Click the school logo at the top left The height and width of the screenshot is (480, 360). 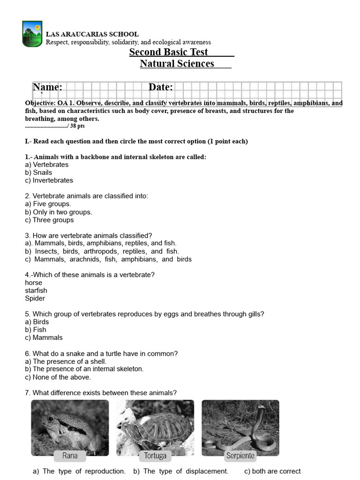click(x=32, y=34)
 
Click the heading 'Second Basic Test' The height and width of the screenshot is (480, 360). click(x=169, y=52)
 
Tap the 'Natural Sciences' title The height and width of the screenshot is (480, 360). click(x=177, y=64)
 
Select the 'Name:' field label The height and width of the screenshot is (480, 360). click(x=47, y=87)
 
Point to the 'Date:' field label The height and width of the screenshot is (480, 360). click(x=161, y=87)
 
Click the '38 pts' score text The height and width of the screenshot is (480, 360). click(x=77, y=126)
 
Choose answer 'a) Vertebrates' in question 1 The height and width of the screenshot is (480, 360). click(x=46, y=165)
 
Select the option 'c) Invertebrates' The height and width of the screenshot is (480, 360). click(x=49, y=180)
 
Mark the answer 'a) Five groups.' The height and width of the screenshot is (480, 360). click(x=48, y=204)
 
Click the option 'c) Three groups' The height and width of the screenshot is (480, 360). click(x=49, y=220)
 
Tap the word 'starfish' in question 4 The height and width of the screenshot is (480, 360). click(x=36, y=291)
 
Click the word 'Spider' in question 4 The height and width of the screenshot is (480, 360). click(x=35, y=298)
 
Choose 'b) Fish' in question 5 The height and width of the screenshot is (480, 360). click(x=36, y=330)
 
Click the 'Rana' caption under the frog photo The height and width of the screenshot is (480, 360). click(x=70, y=455)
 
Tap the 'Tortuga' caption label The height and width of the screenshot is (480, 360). click(x=155, y=456)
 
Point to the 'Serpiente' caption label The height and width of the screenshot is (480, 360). click(x=240, y=456)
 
